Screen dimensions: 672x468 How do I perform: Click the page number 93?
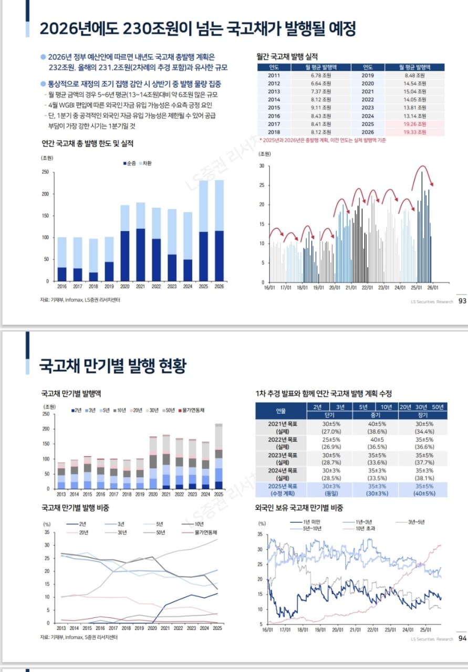(462, 301)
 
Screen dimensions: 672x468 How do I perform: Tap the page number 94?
(462, 639)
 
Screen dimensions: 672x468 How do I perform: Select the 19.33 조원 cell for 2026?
(415, 131)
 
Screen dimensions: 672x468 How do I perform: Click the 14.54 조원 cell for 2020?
(415, 83)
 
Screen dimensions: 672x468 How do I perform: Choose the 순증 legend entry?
(129, 163)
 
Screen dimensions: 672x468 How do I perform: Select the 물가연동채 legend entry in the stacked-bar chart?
(192, 409)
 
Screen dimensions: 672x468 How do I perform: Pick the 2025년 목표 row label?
(280, 486)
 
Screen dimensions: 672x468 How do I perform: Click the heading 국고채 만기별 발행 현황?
(113, 366)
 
